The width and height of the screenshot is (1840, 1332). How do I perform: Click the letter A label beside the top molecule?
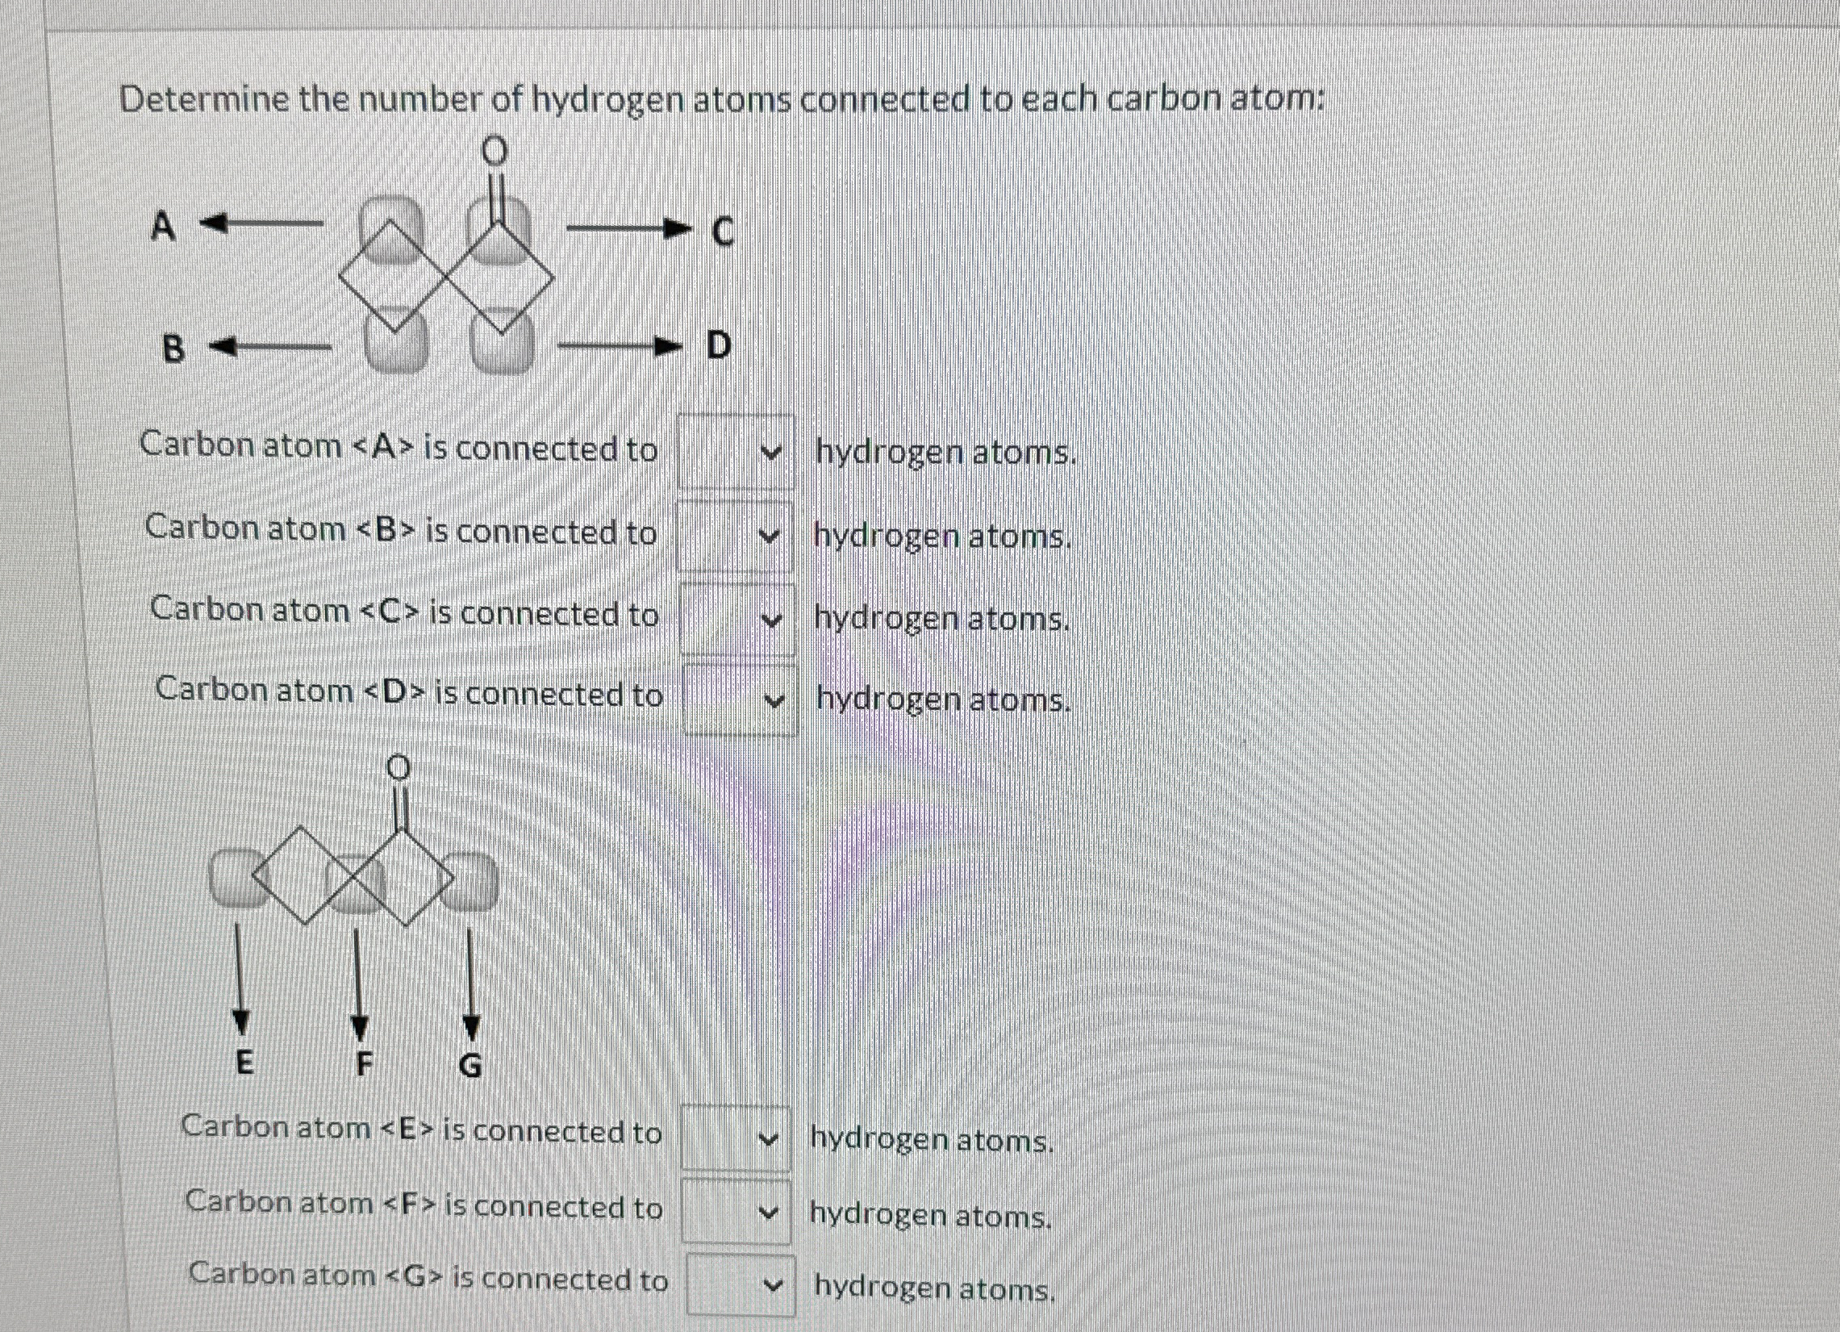pos(163,227)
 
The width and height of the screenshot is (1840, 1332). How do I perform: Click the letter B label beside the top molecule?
pos(173,349)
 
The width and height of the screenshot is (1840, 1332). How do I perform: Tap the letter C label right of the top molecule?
pos(722,232)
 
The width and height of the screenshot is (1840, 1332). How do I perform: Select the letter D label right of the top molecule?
pos(719,345)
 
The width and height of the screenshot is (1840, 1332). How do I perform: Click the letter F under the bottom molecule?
pos(365,1063)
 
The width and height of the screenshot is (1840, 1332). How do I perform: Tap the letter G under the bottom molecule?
pos(470,1065)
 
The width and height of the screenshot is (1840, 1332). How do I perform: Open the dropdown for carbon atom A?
pos(736,452)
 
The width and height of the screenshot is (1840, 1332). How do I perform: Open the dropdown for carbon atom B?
pos(734,537)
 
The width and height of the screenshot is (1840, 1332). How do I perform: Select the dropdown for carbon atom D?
pos(740,699)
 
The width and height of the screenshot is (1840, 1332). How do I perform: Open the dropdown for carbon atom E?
pos(735,1138)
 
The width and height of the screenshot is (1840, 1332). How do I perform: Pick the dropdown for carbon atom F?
pos(736,1212)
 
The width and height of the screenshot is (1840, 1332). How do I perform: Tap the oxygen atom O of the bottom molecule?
pos(397,766)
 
